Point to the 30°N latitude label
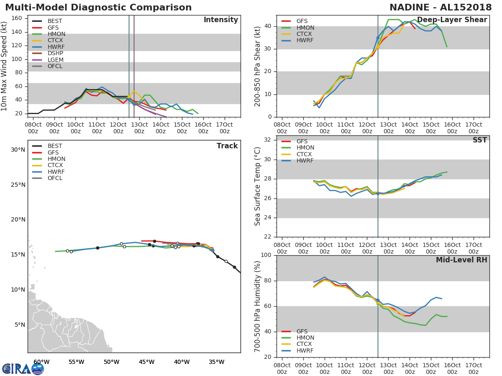pos(18,150)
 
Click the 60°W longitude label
pos(41,362)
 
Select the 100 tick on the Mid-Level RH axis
pos(265,255)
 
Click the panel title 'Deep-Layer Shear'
pos(452,20)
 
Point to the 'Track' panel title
pos(227,146)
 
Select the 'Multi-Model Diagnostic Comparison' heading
pos(98,8)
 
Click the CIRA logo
pos(23,368)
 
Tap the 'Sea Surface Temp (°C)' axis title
pos(257,186)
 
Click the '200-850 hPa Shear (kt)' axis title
pos(257,66)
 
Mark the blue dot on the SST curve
pos(378,193)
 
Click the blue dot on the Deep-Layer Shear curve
pos(378,38)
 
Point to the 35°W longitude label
pos(217,362)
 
